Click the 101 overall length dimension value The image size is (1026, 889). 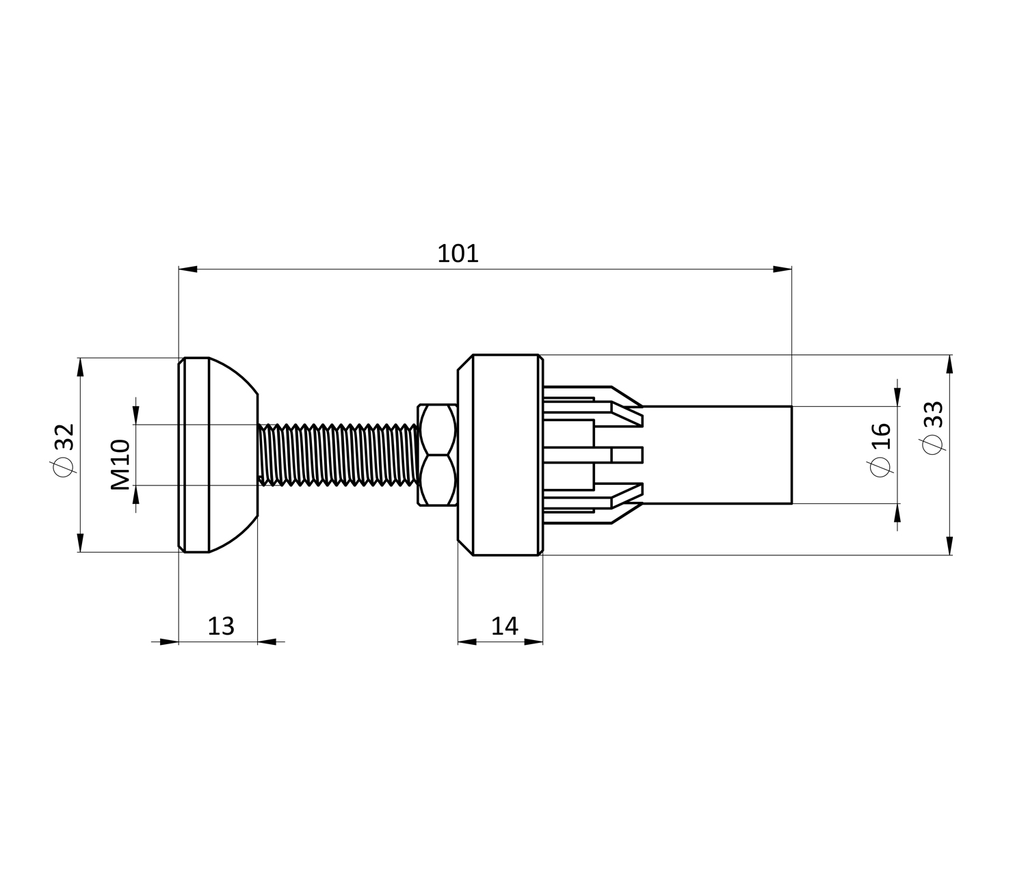tap(458, 254)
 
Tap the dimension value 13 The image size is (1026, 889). tap(221, 626)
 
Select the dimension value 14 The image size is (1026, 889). tap(504, 626)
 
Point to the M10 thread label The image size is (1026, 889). tap(120, 464)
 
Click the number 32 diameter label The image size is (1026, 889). tap(64, 437)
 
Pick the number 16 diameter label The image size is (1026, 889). tap(881, 436)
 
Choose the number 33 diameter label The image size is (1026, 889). tap(933, 414)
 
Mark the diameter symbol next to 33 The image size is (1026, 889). tap(932, 444)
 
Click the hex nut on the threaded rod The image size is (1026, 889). tap(437, 455)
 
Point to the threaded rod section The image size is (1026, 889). tap(338, 455)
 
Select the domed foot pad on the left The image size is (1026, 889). tap(218, 455)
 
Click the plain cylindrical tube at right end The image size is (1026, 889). tap(717, 455)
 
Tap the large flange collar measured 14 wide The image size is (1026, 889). tap(500, 455)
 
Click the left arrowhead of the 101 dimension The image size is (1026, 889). tap(188, 269)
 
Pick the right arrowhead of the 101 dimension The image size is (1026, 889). tap(782, 269)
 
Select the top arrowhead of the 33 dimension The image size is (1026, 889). tap(949, 364)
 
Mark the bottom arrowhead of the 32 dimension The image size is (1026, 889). tap(81, 542)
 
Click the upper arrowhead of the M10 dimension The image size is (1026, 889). tap(136, 415)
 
